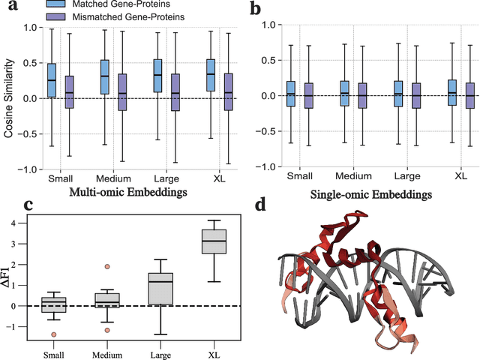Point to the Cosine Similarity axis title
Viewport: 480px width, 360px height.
[9, 98]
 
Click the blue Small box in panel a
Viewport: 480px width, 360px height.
[51, 80]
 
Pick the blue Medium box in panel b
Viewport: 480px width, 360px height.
[343, 93]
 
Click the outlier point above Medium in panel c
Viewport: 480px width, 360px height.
[107, 266]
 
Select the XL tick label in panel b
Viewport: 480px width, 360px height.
[461, 176]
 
